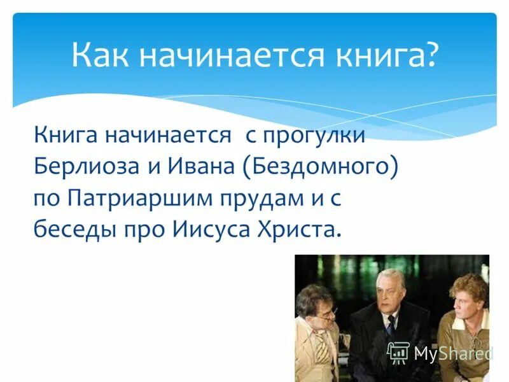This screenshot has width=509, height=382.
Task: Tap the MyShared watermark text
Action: click(453, 353)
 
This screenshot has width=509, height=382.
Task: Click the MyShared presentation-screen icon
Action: click(398, 352)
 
